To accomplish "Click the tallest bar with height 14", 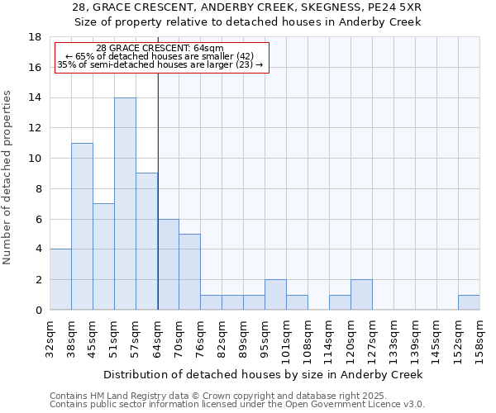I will pyautogui.click(x=125, y=204).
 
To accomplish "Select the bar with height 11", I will pyautogui.click(x=82, y=226).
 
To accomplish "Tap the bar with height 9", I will pyautogui.click(x=146, y=241).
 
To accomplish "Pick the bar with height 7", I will pyautogui.click(x=103, y=256).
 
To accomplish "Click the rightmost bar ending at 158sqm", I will pyautogui.click(x=469, y=302).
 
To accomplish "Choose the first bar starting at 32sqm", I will pyautogui.click(x=60, y=279).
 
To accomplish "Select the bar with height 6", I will pyautogui.click(x=168, y=264).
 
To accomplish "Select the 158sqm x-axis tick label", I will pyautogui.click(x=479, y=337).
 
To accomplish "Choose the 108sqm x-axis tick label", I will pyautogui.click(x=308, y=337).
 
